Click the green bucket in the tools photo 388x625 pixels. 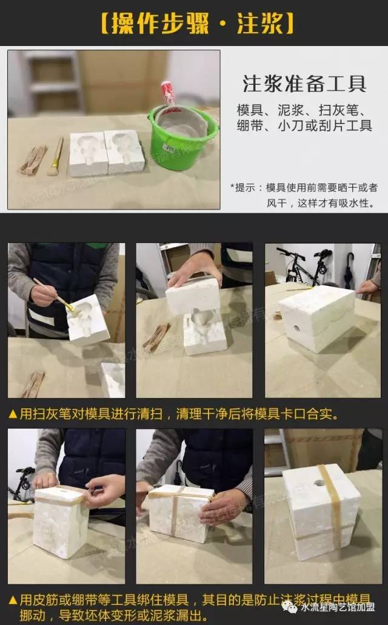coord(182,139)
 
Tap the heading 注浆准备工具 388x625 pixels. coord(304,84)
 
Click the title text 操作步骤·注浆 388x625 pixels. coord(194,23)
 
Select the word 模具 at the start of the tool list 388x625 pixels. coord(248,110)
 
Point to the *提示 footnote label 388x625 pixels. coord(246,188)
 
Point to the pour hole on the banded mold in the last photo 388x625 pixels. coord(319,483)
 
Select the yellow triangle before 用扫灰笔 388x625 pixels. coord(13,414)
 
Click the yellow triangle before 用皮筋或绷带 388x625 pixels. coord(13,600)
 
